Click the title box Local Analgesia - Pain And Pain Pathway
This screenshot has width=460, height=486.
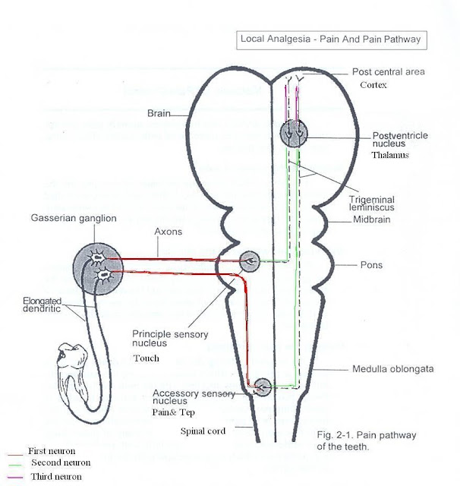click(x=329, y=39)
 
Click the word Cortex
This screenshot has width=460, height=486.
click(x=373, y=85)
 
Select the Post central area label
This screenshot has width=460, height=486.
click(x=388, y=72)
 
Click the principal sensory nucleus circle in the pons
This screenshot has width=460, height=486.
click(x=252, y=262)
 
